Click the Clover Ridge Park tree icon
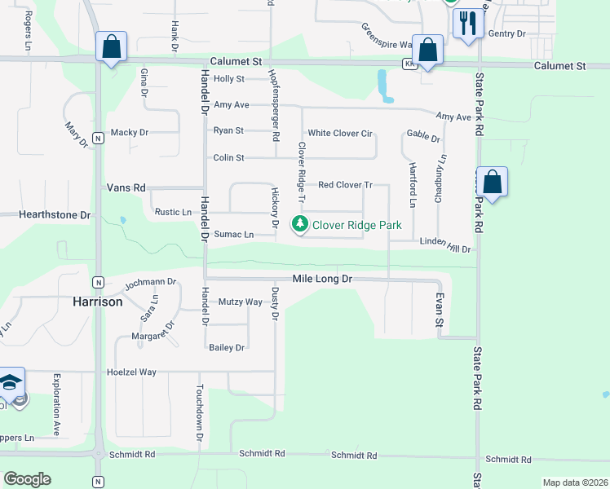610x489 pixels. tap(300, 224)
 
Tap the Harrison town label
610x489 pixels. tap(98, 302)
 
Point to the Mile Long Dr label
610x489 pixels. tap(323, 279)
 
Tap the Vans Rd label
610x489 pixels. tap(126, 187)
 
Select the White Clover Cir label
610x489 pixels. tap(339, 133)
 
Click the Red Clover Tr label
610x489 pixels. tap(345, 185)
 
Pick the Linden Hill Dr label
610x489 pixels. tap(445, 244)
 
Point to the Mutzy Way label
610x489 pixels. tap(241, 302)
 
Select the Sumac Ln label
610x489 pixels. tap(234, 235)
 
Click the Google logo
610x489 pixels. tap(27, 479)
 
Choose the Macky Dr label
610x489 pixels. tap(130, 132)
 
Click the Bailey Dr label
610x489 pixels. tap(227, 348)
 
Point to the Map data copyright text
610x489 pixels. tap(574, 482)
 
